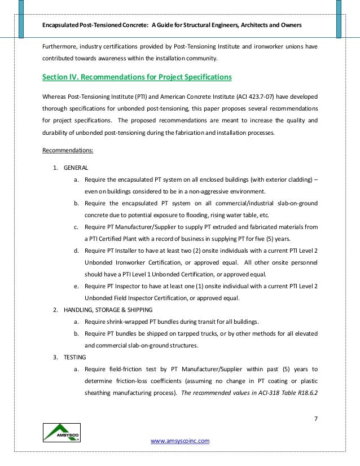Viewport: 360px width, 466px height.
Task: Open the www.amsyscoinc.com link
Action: pyautogui.click(x=180, y=441)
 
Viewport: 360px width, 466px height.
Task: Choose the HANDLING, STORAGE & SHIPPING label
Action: pyautogui.click(x=112, y=310)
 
